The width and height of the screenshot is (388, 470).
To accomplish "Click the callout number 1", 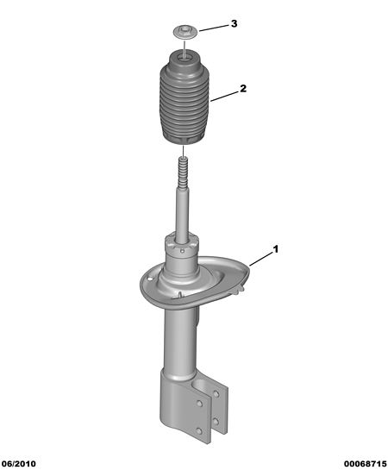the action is tap(275, 249).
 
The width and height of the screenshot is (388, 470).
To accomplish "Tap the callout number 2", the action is tap(242, 89).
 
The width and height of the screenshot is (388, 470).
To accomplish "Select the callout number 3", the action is tap(234, 23).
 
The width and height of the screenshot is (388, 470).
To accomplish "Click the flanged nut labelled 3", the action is tap(185, 31).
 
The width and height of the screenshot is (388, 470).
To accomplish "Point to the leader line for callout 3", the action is tap(214, 28).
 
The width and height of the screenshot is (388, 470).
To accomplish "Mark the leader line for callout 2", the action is tap(223, 97).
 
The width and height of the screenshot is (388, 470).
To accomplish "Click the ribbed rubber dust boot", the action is tap(184, 99).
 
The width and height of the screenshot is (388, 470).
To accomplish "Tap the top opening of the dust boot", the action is tap(184, 58).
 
